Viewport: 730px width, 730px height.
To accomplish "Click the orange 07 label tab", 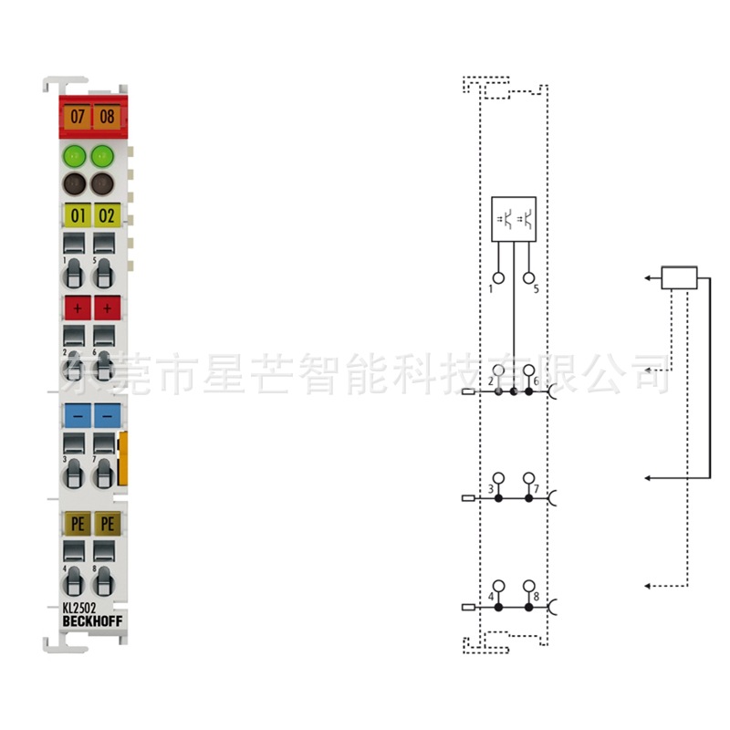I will click(77, 116).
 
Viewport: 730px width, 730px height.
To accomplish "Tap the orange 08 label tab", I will click(108, 116).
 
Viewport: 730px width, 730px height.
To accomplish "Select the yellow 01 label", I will click(77, 216).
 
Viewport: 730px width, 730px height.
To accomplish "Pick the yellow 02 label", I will click(108, 216).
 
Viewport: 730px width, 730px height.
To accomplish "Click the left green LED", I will click(75, 155).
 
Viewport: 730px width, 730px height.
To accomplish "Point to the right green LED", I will click(103, 155).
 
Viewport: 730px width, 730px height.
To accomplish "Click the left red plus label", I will click(77, 308).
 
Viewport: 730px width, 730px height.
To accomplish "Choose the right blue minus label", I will click(107, 415).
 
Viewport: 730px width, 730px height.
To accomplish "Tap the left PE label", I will click(77, 523).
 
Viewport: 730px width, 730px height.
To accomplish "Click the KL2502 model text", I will click(79, 608).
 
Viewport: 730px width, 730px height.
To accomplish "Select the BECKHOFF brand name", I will click(93, 621).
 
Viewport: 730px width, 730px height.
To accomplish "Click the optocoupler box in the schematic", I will click(514, 219).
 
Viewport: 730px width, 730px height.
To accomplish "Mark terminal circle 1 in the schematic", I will click(498, 277).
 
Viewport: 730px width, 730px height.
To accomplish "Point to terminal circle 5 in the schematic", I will click(528, 277).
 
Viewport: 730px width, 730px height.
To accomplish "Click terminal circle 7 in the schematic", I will click(528, 478).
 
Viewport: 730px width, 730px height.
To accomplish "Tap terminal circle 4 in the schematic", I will click(498, 585).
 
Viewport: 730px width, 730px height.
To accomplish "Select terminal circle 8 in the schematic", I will click(528, 585).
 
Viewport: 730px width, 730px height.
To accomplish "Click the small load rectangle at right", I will click(678, 276).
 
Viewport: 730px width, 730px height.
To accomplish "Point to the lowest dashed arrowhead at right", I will click(647, 585).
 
